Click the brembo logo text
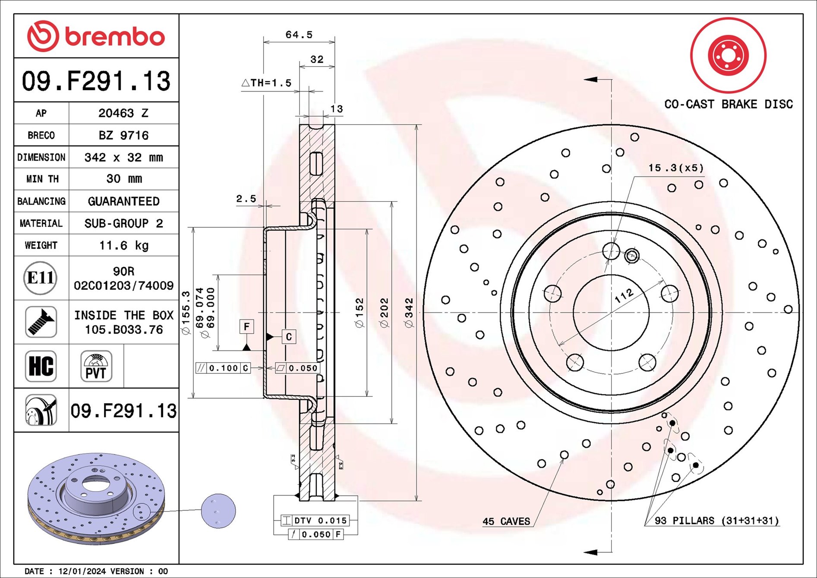coord(114,37)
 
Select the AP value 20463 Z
coord(123,113)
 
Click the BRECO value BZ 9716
coord(123,136)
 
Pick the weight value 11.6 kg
coord(123,246)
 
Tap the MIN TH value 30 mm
coord(123,179)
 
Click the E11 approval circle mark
coord(41,278)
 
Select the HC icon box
coord(41,366)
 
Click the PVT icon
coord(96,366)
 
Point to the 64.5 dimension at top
coord(299,35)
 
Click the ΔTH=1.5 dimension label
coord(266,83)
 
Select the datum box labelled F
coord(246,326)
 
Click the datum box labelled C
coord(289,336)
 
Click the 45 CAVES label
coord(506,521)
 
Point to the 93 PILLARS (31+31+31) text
coord(716,521)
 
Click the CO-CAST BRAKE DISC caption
coord(728,104)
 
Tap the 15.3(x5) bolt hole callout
coord(675,168)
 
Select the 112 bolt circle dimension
coord(624,296)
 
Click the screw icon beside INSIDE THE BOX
coord(41,322)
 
